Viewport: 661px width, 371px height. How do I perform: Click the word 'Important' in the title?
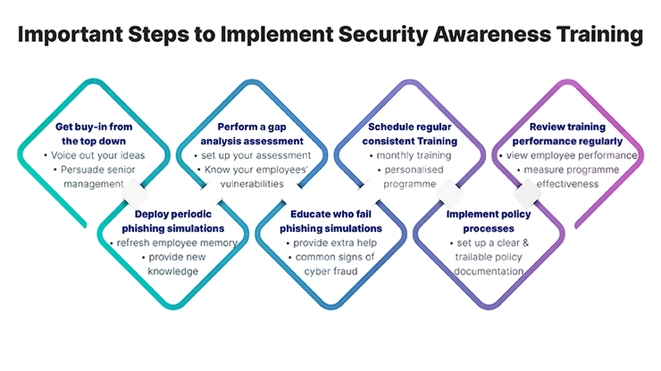[x=63, y=36]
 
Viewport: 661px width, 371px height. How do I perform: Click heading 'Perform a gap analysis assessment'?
[x=252, y=134]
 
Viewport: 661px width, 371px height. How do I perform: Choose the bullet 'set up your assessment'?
[x=252, y=155]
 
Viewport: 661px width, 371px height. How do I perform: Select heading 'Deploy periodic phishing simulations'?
[x=172, y=221]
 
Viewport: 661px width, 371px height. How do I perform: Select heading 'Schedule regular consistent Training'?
[x=413, y=134]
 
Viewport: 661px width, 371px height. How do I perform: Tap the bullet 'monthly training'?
[x=413, y=155]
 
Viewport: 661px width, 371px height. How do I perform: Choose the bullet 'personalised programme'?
[x=413, y=177]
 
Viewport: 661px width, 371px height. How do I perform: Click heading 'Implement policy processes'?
[x=489, y=221]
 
